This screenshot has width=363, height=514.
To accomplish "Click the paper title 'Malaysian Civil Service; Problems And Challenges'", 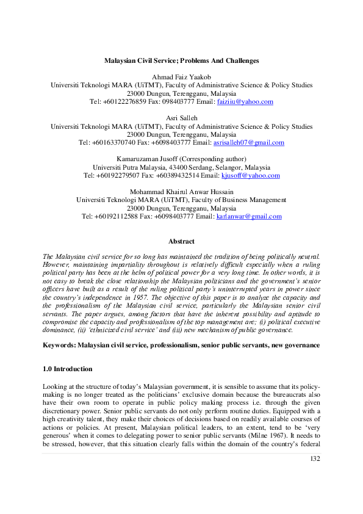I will pyautogui.click(x=181, y=61).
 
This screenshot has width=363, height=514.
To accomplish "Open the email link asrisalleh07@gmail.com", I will pyautogui.click(x=248, y=143).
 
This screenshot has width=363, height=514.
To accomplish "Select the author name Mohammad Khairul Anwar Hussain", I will pyautogui.click(x=181, y=192).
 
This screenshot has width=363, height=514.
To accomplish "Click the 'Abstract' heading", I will pyautogui.click(x=181, y=241).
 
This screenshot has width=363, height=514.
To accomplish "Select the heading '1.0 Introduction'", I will pyautogui.click(x=67, y=369).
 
